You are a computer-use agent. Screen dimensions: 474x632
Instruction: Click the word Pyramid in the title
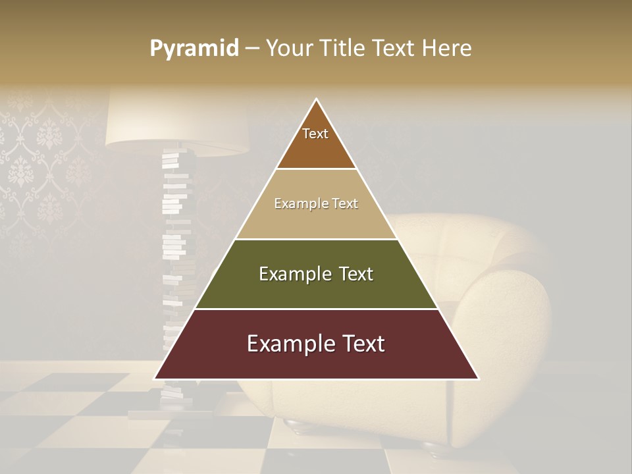(x=194, y=49)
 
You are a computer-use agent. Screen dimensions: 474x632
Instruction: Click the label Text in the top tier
(x=315, y=134)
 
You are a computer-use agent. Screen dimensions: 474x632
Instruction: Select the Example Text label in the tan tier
(x=316, y=203)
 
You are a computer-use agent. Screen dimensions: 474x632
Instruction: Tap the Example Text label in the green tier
(x=316, y=274)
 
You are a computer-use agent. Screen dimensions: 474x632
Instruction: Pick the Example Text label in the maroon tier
(x=316, y=344)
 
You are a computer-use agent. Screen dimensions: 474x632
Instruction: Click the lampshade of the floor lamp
(x=176, y=122)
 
